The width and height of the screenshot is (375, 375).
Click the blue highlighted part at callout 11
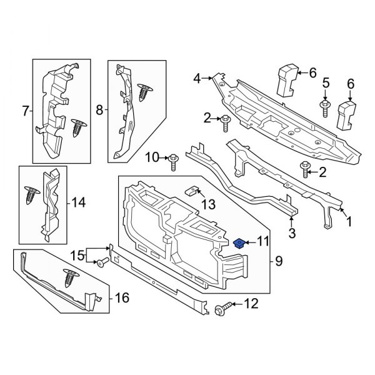(238, 242)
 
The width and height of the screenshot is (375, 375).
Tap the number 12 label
(251, 305)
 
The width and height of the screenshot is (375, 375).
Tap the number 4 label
(197, 79)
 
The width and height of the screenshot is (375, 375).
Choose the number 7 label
(26, 112)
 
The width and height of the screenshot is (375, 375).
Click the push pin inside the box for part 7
(79, 127)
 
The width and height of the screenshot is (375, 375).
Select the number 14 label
(77, 202)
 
